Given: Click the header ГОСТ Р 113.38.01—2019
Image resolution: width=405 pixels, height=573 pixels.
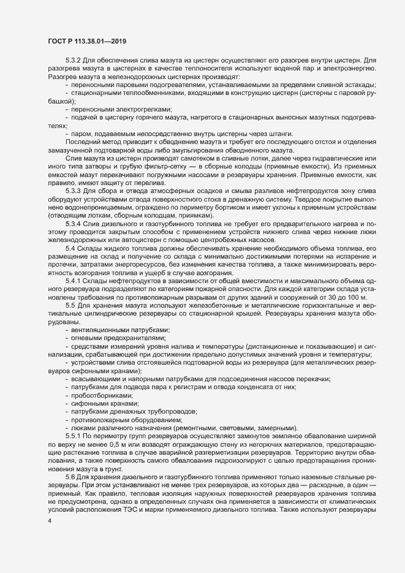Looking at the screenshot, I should tap(87, 40).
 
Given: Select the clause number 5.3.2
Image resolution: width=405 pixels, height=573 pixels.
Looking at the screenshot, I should tap(75, 61).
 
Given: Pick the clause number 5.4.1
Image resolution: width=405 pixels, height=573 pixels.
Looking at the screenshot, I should tap(75, 279).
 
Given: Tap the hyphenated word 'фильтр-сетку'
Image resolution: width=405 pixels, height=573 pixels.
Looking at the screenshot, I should tap(167, 168).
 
